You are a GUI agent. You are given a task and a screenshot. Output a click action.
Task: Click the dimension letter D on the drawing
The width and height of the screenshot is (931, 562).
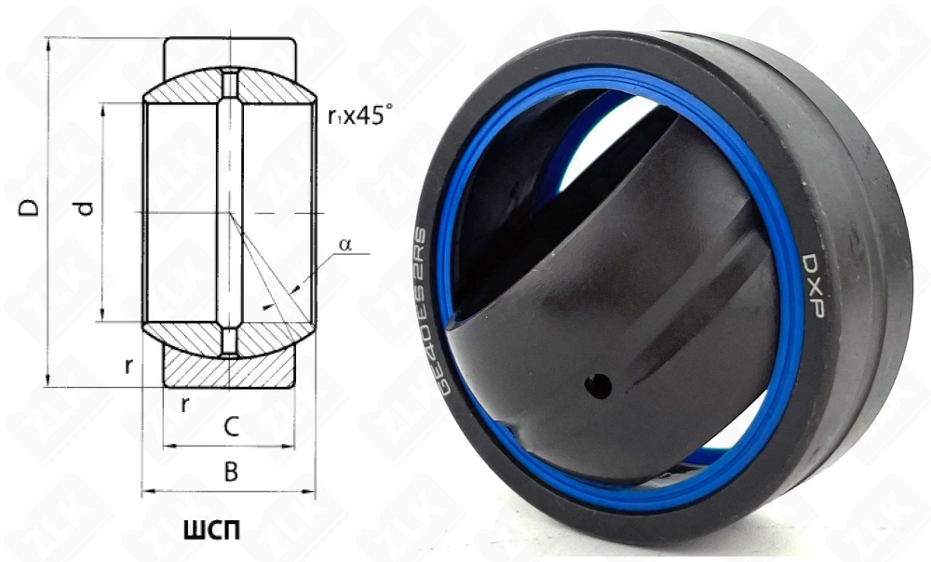tap(29, 207)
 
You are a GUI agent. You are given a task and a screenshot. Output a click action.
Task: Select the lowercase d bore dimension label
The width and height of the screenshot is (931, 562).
tap(86, 208)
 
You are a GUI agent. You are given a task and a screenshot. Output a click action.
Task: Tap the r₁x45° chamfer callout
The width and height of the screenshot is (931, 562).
tap(360, 115)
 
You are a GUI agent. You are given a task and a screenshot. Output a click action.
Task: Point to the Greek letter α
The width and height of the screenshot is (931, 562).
tap(345, 244)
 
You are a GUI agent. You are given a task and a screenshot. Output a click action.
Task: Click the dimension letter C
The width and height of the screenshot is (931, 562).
tap(231, 427)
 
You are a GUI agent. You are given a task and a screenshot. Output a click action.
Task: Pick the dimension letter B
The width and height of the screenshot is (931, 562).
tap(231, 472)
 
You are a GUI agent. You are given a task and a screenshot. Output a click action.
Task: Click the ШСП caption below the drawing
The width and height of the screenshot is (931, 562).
tap(212, 530)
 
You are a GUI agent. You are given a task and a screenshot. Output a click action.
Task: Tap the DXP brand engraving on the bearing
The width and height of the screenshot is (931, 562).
tap(812, 285)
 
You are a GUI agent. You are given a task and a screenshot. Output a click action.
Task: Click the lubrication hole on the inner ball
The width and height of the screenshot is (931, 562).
tap(599, 386)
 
